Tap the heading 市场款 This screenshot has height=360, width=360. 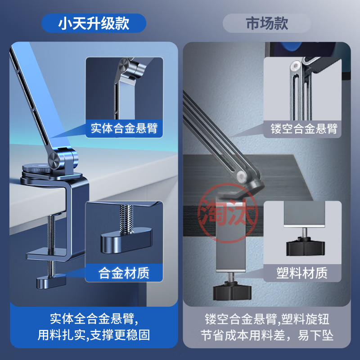coord(267,23)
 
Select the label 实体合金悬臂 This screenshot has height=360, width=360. coord(124,128)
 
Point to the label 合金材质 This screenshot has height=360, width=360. coord(124,272)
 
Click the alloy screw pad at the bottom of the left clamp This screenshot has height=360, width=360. coord(50,282)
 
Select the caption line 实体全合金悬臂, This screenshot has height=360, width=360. coord(94,320)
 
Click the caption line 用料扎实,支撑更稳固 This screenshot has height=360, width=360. coord(94,335)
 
